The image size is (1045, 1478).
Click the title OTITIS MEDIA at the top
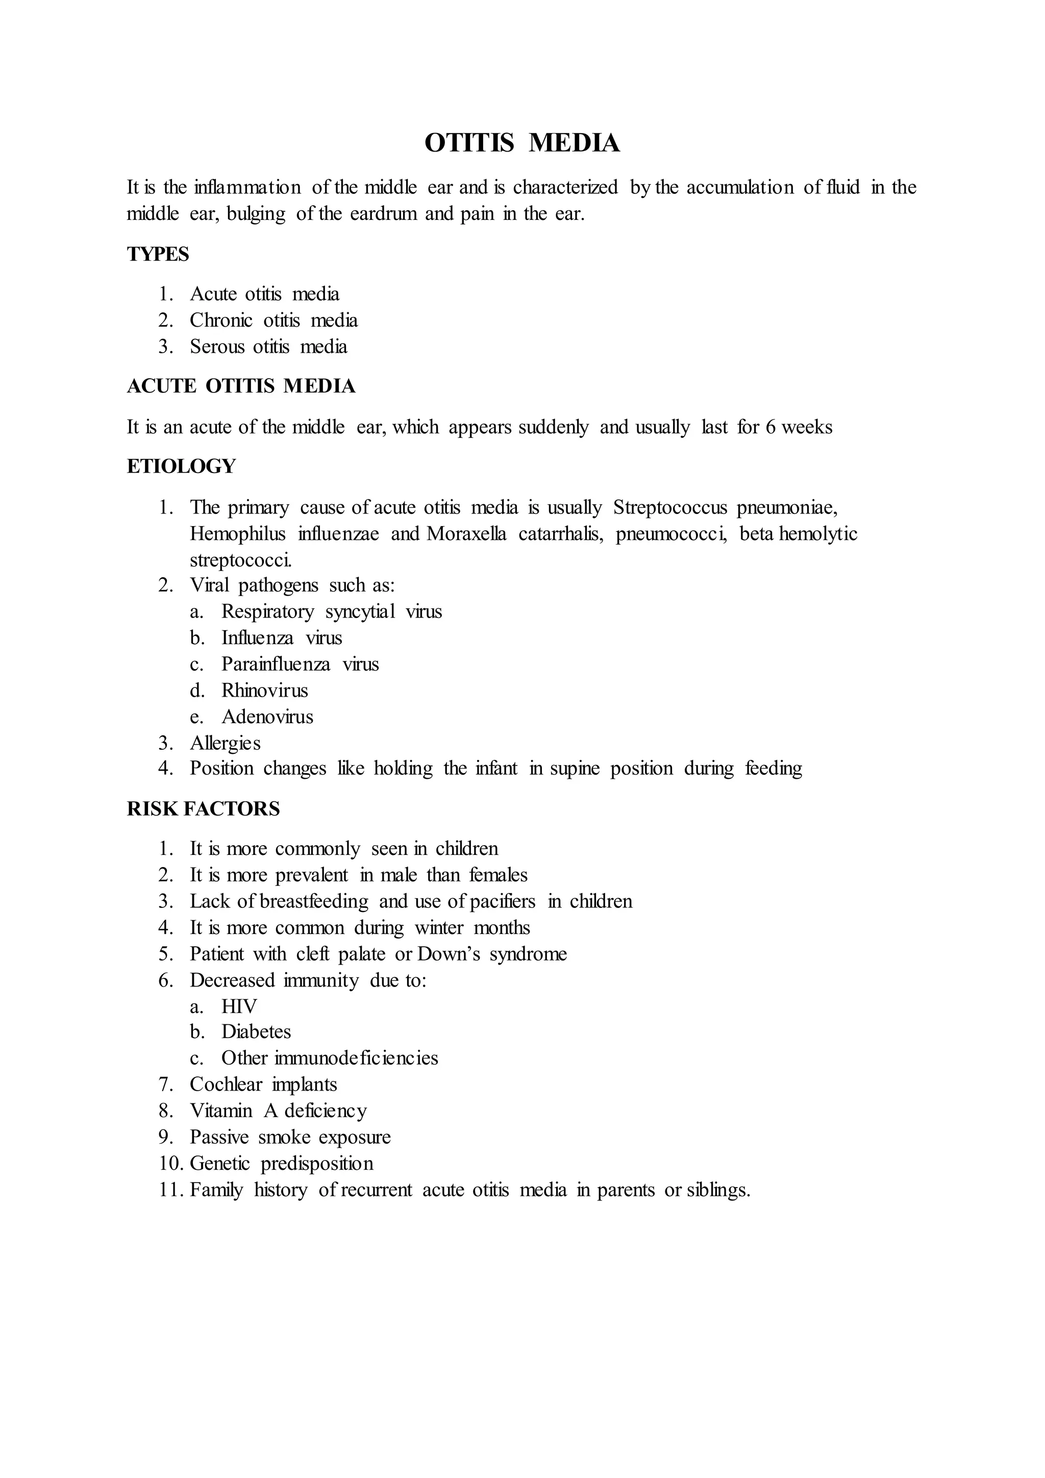pos(522,143)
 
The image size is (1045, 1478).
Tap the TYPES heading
pos(158,254)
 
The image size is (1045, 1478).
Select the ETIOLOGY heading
pos(182,466)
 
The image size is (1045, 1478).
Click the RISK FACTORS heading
pos(204,809)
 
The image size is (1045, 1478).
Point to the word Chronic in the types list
pos(221,321)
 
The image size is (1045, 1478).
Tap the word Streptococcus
pos(670,508)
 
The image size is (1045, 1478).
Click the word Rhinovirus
pos(264,691)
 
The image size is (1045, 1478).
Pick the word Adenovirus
pos(267,717)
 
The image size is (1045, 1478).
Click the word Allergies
pos(225,744)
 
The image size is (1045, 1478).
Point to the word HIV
pos(239,1007)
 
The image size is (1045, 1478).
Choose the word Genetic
pos(219,1164)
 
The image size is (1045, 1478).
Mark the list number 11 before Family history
pos(170,1190)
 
